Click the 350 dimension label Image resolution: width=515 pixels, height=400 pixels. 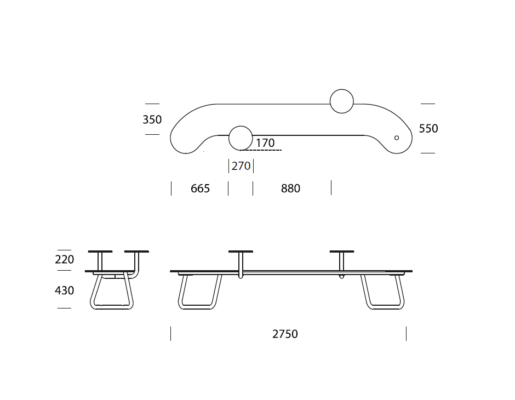coord(152,119)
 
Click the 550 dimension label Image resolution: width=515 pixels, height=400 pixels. coord(428,128)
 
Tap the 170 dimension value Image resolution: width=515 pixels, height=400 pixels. coord(265,143)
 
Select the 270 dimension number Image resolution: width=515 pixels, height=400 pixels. coord(241,166)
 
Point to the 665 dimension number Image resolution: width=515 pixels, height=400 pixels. coord(200,188)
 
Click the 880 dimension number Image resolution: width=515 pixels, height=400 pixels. coord(291,188)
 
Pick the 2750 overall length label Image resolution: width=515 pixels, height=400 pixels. coord(285,334)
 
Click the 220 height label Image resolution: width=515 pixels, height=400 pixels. coord(65,260)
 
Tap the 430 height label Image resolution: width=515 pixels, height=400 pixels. coord(65,290)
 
